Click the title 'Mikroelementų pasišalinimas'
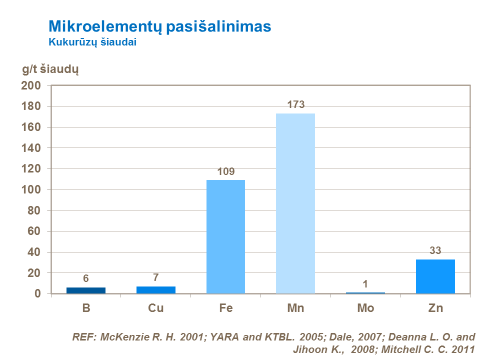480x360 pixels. (159, 26)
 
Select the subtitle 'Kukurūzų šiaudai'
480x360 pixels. (92, 42)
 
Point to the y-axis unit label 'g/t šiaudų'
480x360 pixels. (50, 69)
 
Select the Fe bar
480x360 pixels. (225, 236)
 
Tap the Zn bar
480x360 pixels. (435, 276)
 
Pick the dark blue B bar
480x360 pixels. (86, 290)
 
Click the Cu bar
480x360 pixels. (156, 290)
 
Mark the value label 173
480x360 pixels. (295, 104)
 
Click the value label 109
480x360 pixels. (226, 171)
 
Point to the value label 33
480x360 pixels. (435, 251)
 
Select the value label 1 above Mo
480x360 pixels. (365, 284)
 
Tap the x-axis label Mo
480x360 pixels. (365, 308)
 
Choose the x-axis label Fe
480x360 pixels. (226, 308)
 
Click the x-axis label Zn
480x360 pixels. (435, 308)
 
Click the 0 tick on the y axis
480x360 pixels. (37, 294)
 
